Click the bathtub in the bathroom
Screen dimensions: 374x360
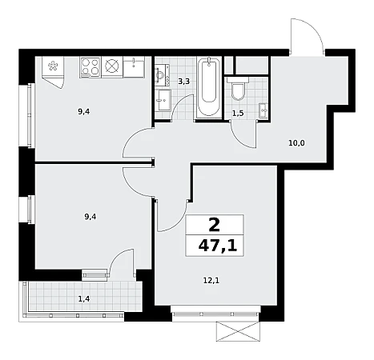point(209,87)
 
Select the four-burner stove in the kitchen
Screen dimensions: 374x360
point(90,67)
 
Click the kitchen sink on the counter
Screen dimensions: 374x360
point(134,67)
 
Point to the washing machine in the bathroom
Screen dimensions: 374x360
point(162,75)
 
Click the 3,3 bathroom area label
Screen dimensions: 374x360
point(184,82)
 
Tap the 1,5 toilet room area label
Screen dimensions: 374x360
point(238,114)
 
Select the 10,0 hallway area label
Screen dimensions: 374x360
point(296,143)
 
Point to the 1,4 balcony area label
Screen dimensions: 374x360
point(84,299)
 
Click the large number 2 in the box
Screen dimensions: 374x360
point(215,225)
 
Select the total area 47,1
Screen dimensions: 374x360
point(218,246)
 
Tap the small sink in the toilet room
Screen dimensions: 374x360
point(264,110)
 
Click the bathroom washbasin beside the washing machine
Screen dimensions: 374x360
point(163,100)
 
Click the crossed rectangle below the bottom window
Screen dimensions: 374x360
point(238,331)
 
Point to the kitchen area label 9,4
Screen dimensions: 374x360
point(84,111)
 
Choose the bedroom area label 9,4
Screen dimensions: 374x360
point(90,217)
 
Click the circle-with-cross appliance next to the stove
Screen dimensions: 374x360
point(112,67)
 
